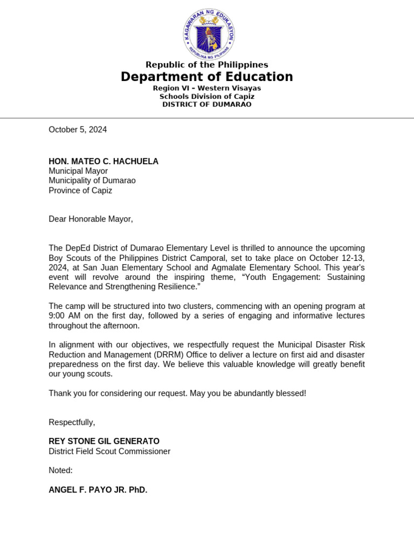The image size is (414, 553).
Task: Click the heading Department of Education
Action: click(x=207, y=77)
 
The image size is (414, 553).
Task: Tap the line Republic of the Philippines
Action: click(x=207, y=65)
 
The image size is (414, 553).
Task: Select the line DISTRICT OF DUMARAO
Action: click(x=207, y=104)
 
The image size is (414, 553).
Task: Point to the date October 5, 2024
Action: click(x=78, y=130)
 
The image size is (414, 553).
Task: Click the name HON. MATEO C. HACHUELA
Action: click(x=103, y=161)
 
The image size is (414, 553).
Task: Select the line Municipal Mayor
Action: click(x=78, y=171)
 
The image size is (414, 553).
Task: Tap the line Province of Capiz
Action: click(x=80, y=191)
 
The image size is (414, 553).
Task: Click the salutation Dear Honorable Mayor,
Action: click(x=91, y=219)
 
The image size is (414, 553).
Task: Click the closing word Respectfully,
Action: click(x=72, y=422)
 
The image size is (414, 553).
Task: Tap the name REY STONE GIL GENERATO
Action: click(x=104, y=441)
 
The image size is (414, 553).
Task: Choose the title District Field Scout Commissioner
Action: click(x=109, y=451)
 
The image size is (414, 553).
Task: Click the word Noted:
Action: click(x=60, y=470)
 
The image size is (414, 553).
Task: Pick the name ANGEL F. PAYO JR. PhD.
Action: click(x=98, y=490)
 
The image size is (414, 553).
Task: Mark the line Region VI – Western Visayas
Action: click(x=207, y=88)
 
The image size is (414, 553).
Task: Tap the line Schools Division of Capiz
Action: click(x=207, y=96)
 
